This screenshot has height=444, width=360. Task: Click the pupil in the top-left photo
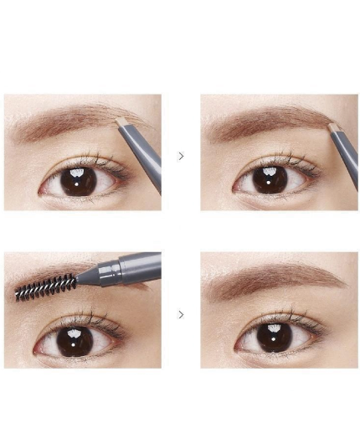(x=78, y=180)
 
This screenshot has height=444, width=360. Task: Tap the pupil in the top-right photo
(x=270, y=180)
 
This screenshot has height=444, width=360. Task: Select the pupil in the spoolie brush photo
(x=74, y=339)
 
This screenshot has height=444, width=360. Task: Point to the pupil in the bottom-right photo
(x=273, y=338)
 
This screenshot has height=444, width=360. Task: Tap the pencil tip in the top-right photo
(x=333, y=127)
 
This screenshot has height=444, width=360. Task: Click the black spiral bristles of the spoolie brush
(x=46, y=287)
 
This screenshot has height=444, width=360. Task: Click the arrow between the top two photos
(x=181, y=156)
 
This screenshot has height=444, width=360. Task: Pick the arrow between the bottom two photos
(x=181, y=315)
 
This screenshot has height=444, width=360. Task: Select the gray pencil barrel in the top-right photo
(x=346, y=159)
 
